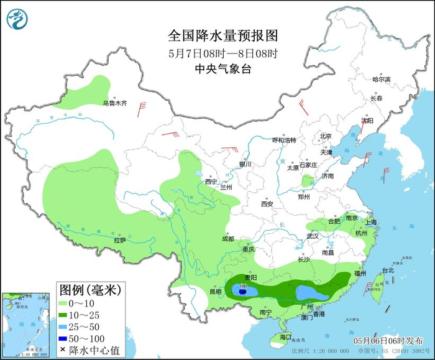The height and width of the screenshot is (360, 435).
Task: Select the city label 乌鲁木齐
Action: click(x=114, y=103)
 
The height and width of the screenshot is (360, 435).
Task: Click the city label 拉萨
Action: click(x=120, y=239)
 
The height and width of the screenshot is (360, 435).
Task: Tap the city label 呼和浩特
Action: click(x=285, y=140)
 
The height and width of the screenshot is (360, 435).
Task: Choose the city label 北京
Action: click(x=326, y=136)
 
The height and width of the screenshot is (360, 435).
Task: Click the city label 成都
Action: click(x=227, y=239)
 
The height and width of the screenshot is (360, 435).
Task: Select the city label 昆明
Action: click(x=215, y=291)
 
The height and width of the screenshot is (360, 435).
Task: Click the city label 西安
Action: click(x=267, y=203)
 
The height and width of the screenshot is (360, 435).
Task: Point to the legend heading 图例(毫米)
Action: click(x=90, y=290)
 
